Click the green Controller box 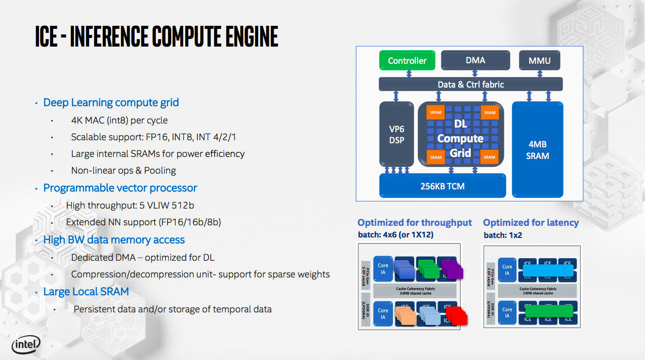407,61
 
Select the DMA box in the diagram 475,61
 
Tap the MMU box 540,61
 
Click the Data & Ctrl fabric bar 470,84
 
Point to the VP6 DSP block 397,135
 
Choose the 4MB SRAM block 537,150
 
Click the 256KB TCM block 442,186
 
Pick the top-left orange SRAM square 435,112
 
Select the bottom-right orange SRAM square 489,157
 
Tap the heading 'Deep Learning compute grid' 111,102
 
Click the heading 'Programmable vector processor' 120,188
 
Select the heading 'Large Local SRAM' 86,292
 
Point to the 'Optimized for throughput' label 415,223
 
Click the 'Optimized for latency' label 531,223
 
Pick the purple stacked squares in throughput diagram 452,269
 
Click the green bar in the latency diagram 549,310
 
